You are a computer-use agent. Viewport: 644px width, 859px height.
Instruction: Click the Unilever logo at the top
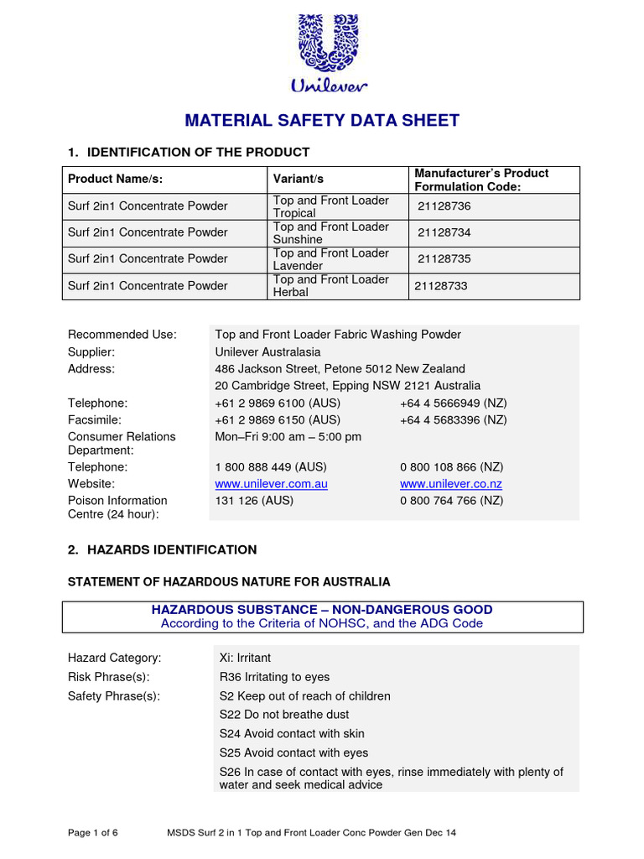point(329,52)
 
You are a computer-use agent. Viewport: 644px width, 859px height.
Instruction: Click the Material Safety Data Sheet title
point(322,120)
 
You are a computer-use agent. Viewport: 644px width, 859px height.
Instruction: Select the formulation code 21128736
point(444,206)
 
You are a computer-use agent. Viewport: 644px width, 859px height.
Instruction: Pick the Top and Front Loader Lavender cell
point(331,259)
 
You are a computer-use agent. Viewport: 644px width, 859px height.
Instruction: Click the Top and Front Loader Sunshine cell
point(331,233)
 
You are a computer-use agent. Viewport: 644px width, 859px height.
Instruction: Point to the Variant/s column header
point(299,180)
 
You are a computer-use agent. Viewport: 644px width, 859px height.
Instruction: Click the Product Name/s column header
point(115,180)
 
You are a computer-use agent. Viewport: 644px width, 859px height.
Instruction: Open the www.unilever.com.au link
point(271,484)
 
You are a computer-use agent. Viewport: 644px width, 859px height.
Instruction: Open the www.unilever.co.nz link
point(451,484)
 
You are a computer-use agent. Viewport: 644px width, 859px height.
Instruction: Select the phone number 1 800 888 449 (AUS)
point(271,467)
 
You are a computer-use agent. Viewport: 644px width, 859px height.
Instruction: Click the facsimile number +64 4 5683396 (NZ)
point(453,420)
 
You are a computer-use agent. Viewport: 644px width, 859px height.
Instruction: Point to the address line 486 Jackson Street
point(340,369)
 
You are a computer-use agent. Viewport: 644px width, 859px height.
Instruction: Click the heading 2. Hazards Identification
point(162,550)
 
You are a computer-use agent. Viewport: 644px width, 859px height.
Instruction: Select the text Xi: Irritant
point(245,659)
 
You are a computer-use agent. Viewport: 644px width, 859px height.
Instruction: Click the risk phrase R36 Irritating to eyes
point(274,677)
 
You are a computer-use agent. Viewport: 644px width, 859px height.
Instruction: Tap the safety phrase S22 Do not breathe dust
point(284,715)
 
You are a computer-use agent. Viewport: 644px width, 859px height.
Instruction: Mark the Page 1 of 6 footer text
point(92,833)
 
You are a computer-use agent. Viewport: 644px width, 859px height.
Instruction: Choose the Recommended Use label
point(122,335)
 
